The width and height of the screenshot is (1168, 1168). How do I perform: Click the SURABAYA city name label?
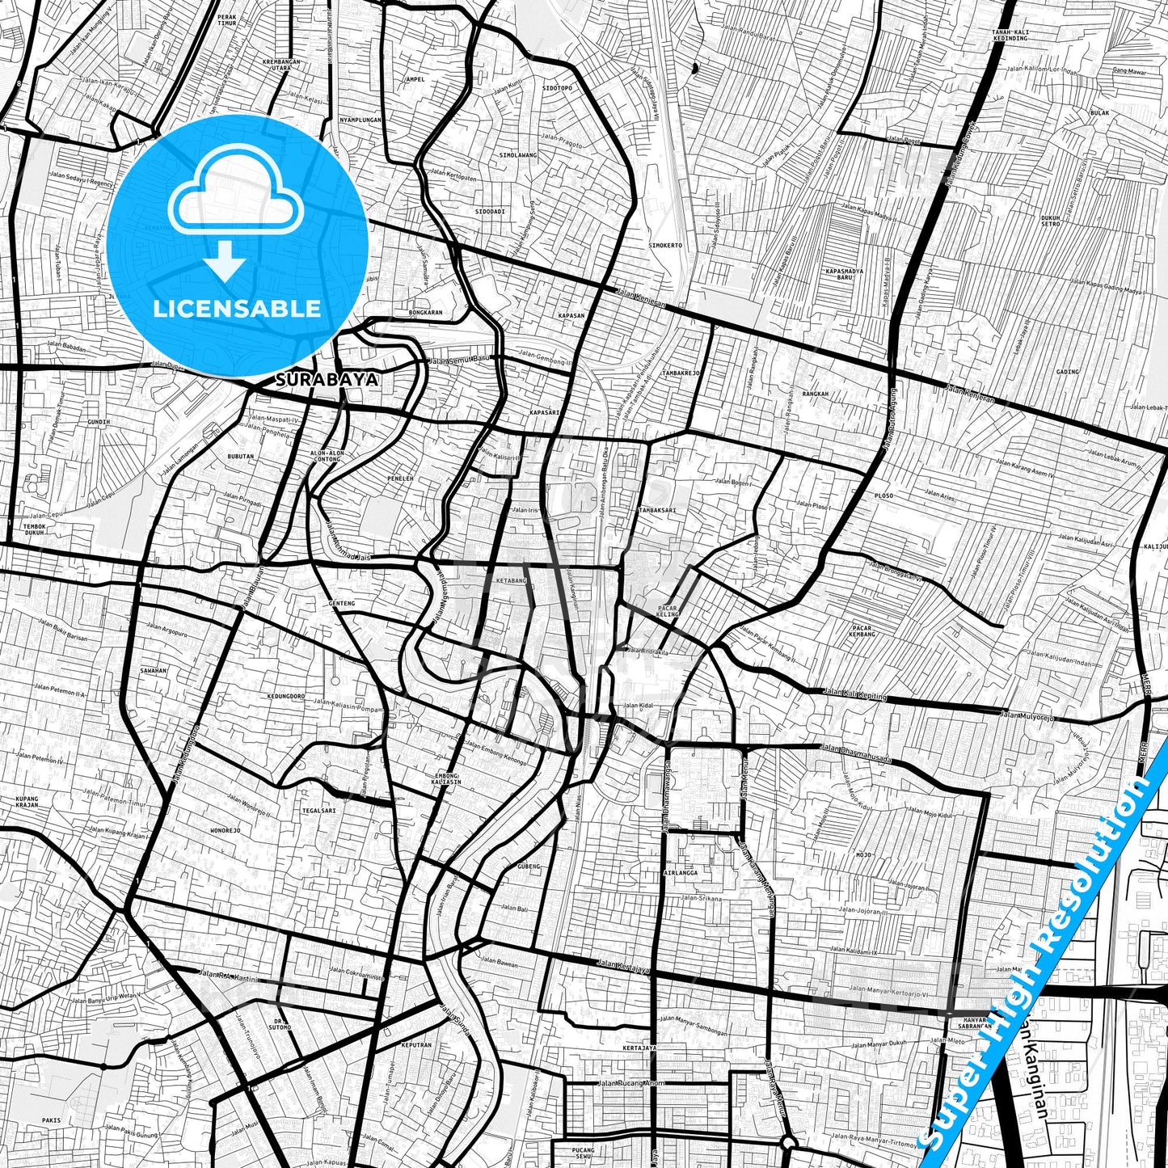(x=327, y=379)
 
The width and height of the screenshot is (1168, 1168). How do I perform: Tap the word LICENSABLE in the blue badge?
(x=237, y=309)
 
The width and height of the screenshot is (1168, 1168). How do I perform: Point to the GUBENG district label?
(x=527, y=867)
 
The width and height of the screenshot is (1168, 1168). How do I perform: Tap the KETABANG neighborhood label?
(x=510, y=580)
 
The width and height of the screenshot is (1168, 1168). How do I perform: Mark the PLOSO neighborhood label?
(x=883, y=495)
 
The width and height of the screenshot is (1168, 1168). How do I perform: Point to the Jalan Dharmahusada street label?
(x=855, y=748)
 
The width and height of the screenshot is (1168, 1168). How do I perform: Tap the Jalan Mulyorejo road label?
(x=1027, y=715)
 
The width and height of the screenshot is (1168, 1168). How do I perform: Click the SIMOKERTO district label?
(x=664, y=245)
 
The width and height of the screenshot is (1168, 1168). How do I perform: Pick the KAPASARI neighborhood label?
(x=544, y=412)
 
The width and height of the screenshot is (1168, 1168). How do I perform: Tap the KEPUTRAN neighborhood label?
(x=415, y=1045)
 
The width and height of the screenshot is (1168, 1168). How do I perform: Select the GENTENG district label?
(x=342, y=603)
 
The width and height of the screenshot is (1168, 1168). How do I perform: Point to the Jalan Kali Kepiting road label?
(x=854, y=694)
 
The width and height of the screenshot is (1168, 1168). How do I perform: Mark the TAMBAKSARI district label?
(x=656, y=510)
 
